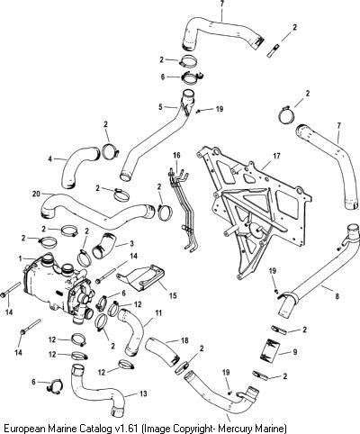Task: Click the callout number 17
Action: (x=276, y=156)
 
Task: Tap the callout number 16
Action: (x=177, y=155)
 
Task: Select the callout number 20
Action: (x=36, y=194)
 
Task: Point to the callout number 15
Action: (x=173, y=295)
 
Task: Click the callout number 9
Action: (x=295, y=352)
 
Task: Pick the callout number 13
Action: (x=143, y=393)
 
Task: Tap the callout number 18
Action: (x=184, y=340)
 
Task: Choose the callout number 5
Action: (x=160, y=106)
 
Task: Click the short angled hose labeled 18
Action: (x=162, y=351)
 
